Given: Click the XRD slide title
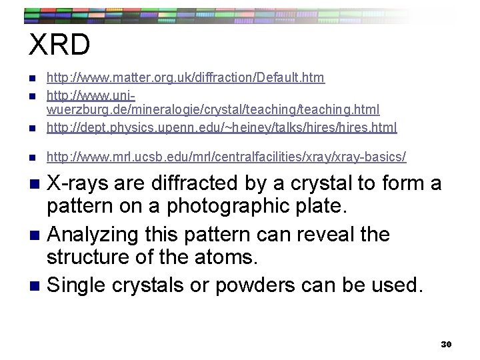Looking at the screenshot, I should coord(59,45).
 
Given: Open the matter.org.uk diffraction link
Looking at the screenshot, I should coord(185,78).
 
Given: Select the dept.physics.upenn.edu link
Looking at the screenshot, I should coord(221,127).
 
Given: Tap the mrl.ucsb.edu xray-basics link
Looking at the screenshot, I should coord(225,157).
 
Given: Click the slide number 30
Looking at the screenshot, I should coord(446,344).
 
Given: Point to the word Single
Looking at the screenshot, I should coord(79,285).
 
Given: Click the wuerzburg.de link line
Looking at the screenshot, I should coord(212,109).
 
